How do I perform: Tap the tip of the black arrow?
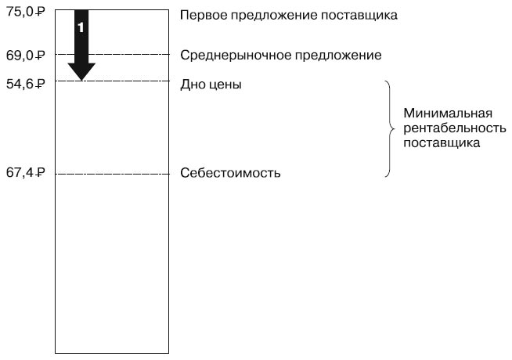tap(81, 78)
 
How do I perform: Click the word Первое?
tap(201, 15)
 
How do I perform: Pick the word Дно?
tap(193, 84)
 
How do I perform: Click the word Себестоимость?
tap(230, 172)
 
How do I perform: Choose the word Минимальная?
tap(442, 113)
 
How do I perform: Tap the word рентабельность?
tap(455, 128)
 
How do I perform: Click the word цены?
tap(225, 84)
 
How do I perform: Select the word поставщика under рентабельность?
tap(441, 143)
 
